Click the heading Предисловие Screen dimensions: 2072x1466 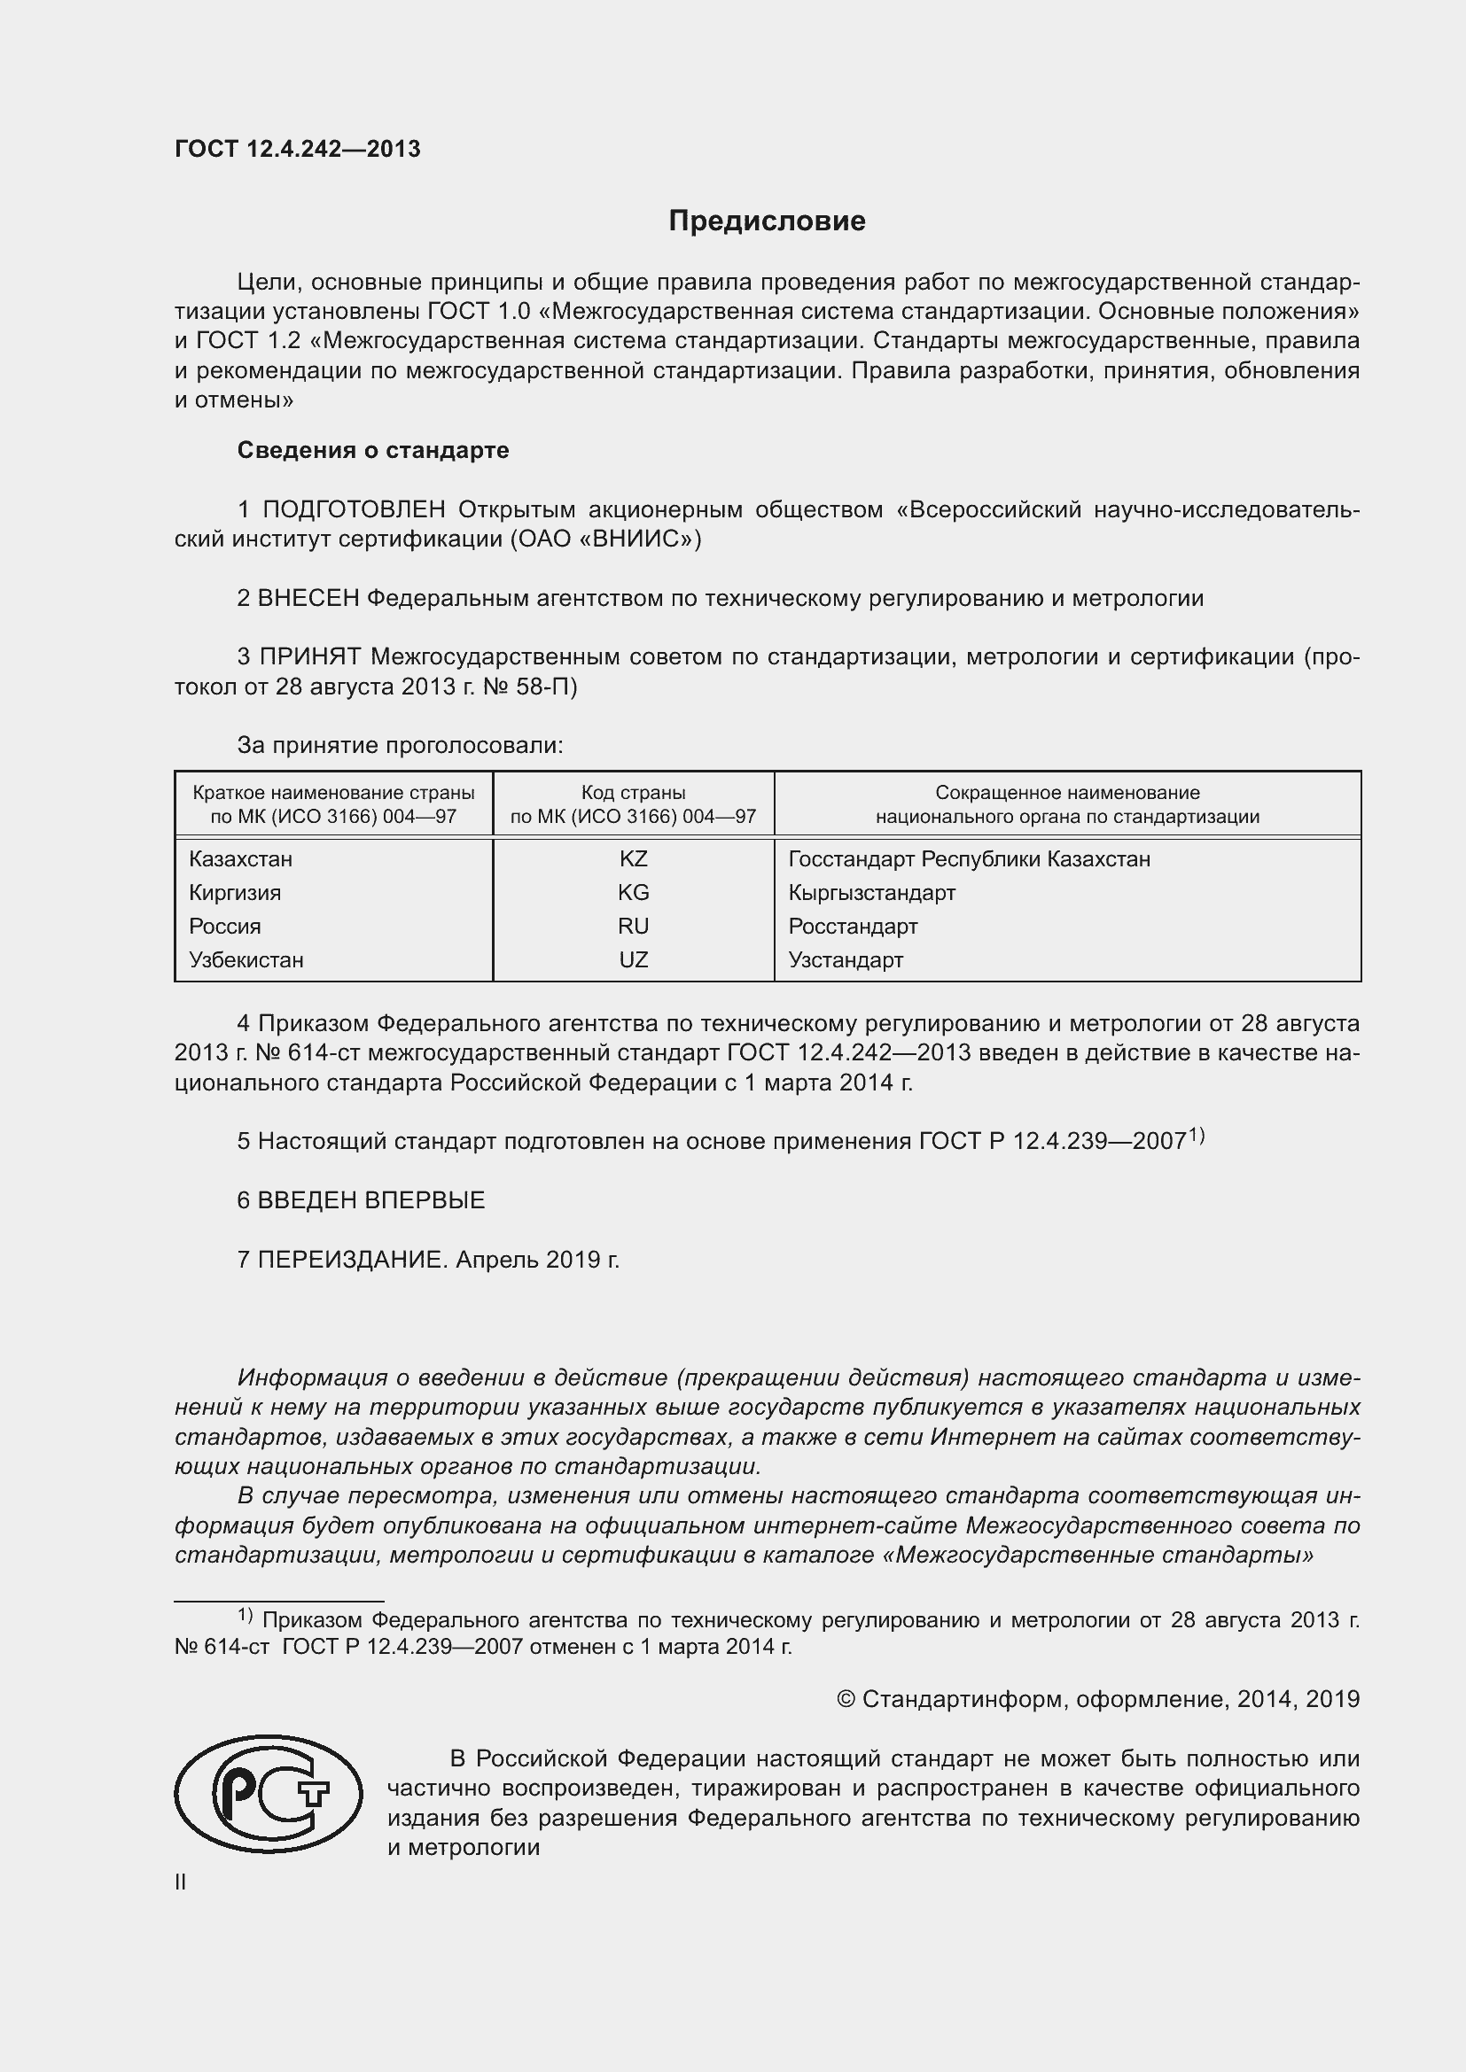point(767,221)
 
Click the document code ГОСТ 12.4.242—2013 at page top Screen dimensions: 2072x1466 point(297,150)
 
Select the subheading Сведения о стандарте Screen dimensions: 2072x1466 point(373,450)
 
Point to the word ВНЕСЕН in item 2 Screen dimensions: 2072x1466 point(308,598)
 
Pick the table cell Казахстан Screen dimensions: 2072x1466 point(240,859)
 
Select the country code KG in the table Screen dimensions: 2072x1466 point(633,893)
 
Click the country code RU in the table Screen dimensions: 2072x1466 point(633,926)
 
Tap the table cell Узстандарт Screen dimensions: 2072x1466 point(845,960)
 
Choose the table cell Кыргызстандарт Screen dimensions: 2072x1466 point(871,893)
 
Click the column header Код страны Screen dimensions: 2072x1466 point(633,792)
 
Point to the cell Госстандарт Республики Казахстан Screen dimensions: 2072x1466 point(969,859)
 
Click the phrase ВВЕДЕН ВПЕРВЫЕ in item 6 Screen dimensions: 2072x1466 point(371,1200)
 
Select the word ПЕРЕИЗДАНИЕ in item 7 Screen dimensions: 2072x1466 point(352,1259)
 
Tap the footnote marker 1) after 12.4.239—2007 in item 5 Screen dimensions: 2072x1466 point(1196,1136)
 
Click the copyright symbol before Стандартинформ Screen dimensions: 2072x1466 point(846,1699)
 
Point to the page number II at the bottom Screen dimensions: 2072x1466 point(181,1882)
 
